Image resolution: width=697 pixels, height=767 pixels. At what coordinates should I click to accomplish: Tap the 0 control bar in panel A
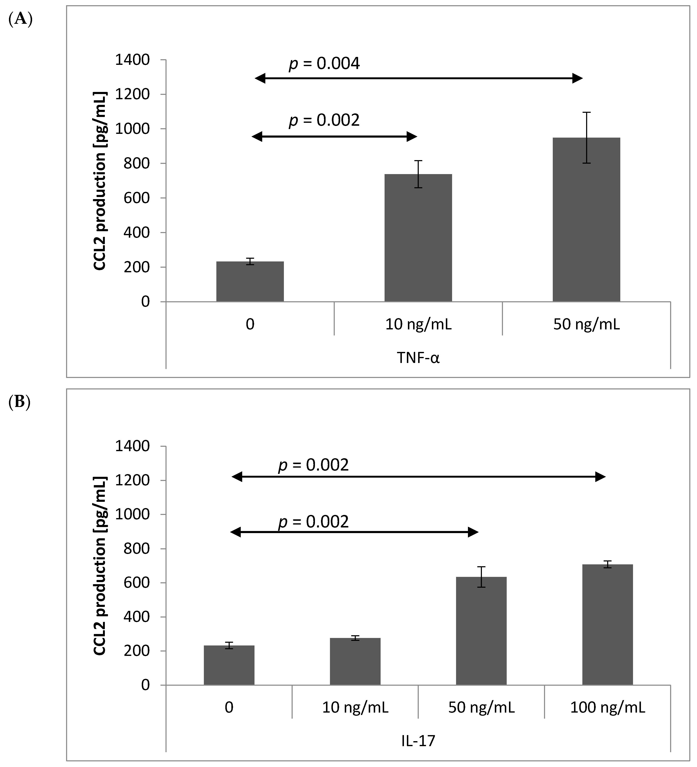coord(250,281)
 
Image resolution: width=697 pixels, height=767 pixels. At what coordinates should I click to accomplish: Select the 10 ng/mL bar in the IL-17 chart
coord(355,662)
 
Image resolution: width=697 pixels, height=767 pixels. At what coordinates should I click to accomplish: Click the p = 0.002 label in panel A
coord(324,121)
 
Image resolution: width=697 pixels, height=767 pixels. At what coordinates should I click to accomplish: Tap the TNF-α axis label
coord(418,358)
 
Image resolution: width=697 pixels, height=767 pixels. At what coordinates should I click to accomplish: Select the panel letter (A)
coord(20,19)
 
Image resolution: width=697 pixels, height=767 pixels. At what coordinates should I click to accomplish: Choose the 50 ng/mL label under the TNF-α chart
coord(586,325)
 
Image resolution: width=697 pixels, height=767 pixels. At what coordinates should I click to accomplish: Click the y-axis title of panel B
coord(100,566)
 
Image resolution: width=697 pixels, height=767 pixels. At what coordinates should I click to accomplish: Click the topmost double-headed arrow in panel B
coord(419,477)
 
